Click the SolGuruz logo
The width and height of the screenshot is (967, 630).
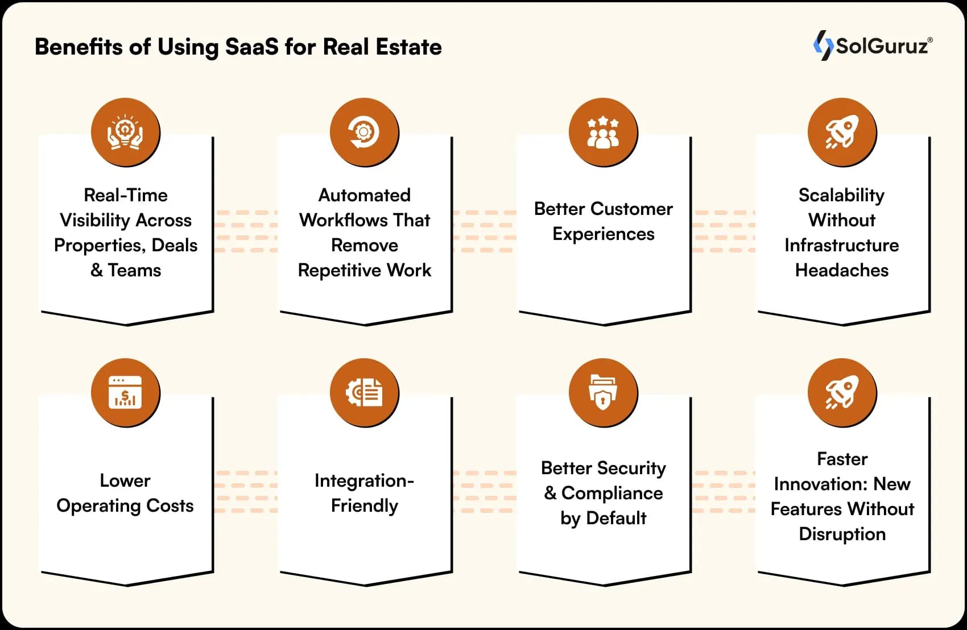coord(873,45)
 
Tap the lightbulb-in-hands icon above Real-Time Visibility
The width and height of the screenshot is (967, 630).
coord(125,132)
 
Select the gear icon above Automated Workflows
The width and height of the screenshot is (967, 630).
coord(364,132)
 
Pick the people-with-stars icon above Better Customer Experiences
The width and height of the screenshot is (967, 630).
coord(603,132)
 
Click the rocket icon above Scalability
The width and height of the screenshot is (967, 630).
coord(842,132)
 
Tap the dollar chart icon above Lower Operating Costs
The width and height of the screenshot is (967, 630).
coord(125,392)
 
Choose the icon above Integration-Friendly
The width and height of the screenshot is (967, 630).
coord(364,392)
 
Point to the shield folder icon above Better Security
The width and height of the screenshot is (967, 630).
coord(603,392)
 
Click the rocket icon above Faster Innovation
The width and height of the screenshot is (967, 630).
coord(842,392)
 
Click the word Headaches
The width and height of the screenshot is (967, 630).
coord(842,270)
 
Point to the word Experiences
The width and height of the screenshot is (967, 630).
coord(604,234)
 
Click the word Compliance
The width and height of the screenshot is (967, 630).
coord(612,493)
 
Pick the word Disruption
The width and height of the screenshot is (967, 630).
coord(842,534)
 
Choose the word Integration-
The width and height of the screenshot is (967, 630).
coord(364,480)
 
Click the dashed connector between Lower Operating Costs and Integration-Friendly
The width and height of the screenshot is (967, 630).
coord(246,492)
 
